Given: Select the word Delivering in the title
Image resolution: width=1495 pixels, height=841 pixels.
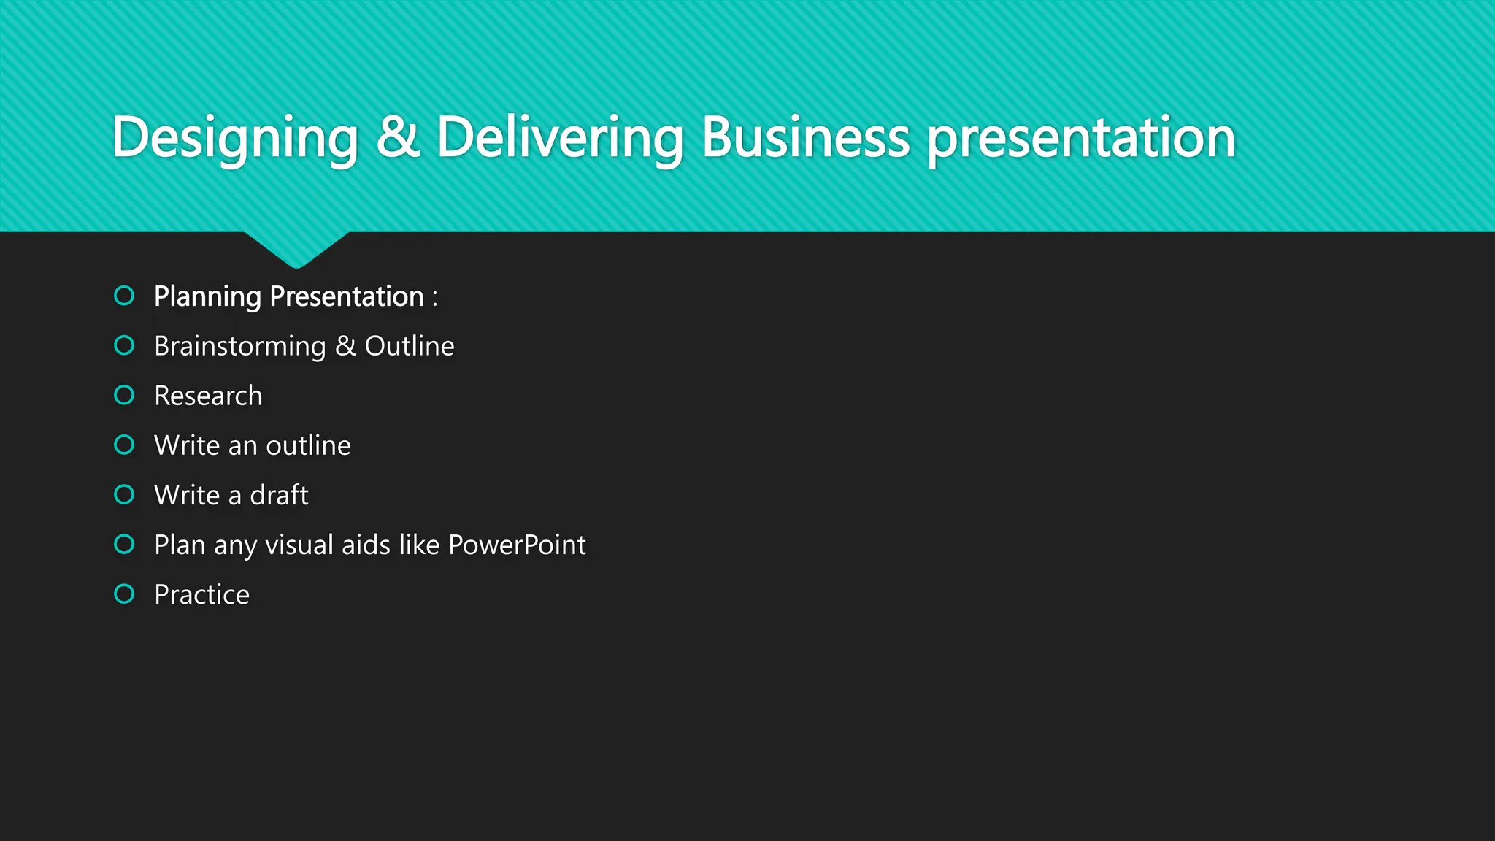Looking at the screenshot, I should coord(560,137).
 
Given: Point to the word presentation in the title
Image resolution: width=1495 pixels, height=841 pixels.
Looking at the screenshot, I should coord(1081,139).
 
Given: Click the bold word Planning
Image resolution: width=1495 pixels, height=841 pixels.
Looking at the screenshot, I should coord(207,297).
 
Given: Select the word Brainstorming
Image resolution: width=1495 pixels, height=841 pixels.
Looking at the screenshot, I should coord(239,347).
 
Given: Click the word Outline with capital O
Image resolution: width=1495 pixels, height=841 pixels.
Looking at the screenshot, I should coord(410,346).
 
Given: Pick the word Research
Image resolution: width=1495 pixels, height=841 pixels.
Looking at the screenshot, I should coord(208,396).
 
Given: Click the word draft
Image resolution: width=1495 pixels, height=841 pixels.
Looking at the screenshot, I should coord(279,495).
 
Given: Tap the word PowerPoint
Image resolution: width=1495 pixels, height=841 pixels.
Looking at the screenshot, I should coord(517,545).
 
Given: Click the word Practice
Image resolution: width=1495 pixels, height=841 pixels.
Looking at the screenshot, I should coord(201,594).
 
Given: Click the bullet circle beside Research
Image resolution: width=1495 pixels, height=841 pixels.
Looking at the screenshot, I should coord(125,395).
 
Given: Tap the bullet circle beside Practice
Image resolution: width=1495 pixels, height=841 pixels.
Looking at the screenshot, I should coord(125,594).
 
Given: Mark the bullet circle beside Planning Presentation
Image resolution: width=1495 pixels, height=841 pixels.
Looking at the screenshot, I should coord(125,296).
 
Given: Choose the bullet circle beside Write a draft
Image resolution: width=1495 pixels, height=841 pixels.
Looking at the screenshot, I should coord(125,494).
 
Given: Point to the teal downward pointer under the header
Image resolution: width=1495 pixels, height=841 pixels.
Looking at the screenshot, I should coord(296,248).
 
